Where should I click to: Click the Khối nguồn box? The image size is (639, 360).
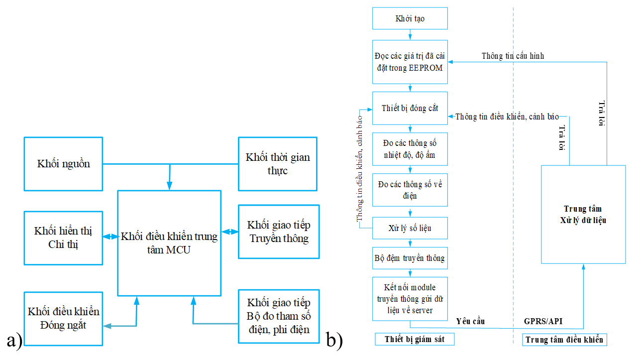click(x=63, y=164)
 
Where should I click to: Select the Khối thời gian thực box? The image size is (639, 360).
click(x=278, y=164)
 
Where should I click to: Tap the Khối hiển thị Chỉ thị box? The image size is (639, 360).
click(x=63, y=238)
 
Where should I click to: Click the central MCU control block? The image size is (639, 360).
click(x=169, y=243)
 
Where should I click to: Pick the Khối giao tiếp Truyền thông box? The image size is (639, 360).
click(x=279, y=232)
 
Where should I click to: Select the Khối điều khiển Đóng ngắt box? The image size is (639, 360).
click(x=63, y=319)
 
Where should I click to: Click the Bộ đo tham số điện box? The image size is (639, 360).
click(x=279, y=316)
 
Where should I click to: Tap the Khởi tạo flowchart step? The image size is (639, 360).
click(x=410, y=18)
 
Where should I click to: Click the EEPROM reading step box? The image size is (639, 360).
click(x=410, y=62)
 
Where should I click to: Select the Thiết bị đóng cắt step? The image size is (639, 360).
click(x=410, y=108)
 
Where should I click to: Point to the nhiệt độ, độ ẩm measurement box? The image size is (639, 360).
click(x=410, y=149)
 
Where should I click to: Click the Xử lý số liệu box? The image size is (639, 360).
click(x=410, y=228)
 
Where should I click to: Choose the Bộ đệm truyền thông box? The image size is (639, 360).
click(x=410, y=258)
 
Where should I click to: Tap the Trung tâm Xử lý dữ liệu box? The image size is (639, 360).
click(x=583, y=214)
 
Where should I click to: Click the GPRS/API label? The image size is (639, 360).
click(x=543, y=321)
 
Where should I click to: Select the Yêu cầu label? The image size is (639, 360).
click(x=470, y=321)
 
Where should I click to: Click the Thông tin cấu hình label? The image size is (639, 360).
click(x=513, y=56)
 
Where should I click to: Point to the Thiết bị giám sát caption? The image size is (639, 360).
click(x=414, y=340)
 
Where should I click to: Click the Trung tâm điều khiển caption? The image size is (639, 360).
click(x=564, y=340)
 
